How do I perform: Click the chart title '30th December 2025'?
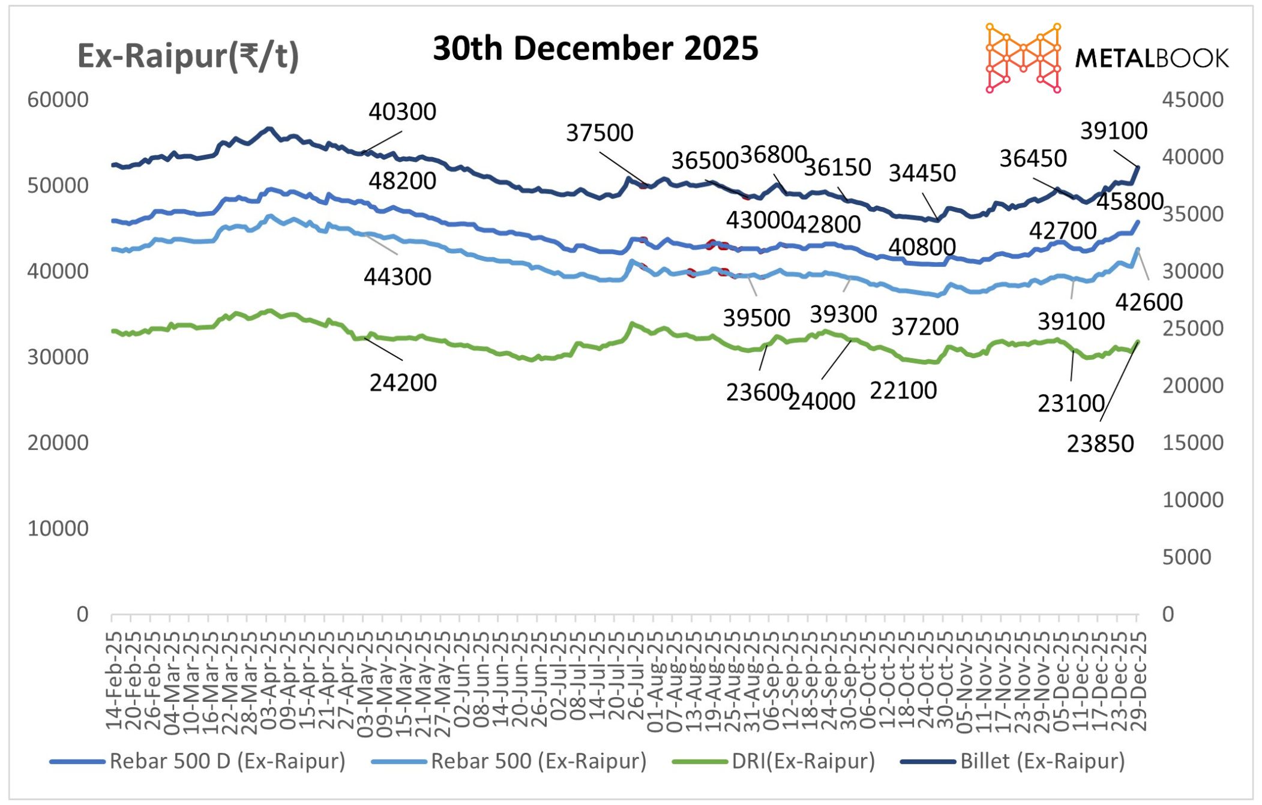pos(595,48)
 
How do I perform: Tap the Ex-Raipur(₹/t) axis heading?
pos(188,56)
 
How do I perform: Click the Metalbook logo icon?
pos(1023,58)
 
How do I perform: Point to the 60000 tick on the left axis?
pos(58,100)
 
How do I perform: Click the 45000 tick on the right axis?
pos(1193,100)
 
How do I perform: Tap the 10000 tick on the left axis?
pos(58,528)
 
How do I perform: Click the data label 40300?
pos(402,112)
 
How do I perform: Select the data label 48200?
pos(402,181)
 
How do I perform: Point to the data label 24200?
pos(403,383)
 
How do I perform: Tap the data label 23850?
pos(1100,444)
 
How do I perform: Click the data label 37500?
pos(599,133)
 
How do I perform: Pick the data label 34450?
pos(922,173)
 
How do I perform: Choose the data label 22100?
pos(903,391)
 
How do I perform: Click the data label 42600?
pos(1149,302)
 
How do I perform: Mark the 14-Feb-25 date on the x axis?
pos(113,681)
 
